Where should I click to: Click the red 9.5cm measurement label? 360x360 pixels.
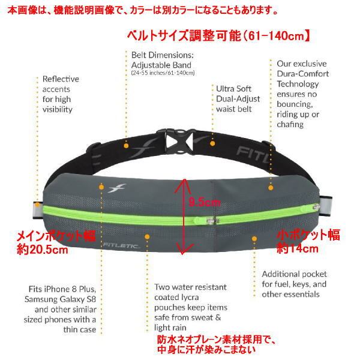coord(202,201)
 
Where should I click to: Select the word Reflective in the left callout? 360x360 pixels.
coord(60,79)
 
